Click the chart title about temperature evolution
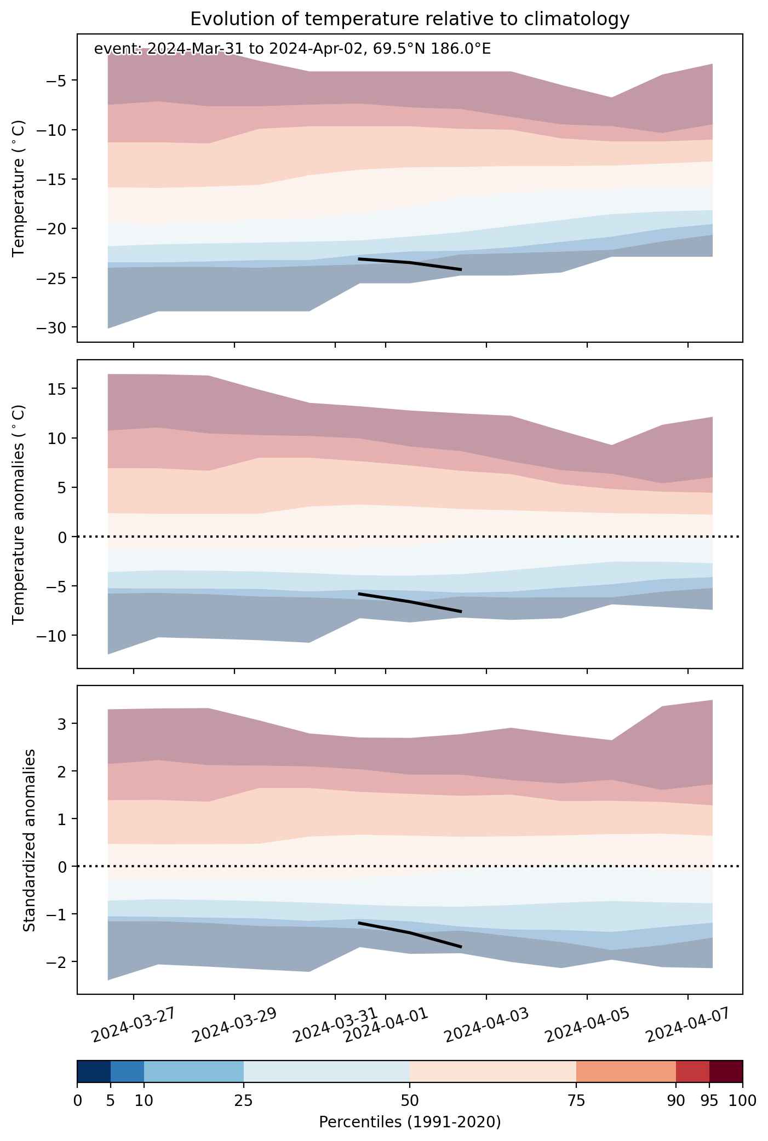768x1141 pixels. tap(410, 19)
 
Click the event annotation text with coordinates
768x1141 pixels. tap(293, 49)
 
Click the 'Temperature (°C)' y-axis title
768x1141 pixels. tap(19, 188)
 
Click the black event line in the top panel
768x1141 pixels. tap(410, 263)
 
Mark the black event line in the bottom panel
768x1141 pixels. tap(410, 932)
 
